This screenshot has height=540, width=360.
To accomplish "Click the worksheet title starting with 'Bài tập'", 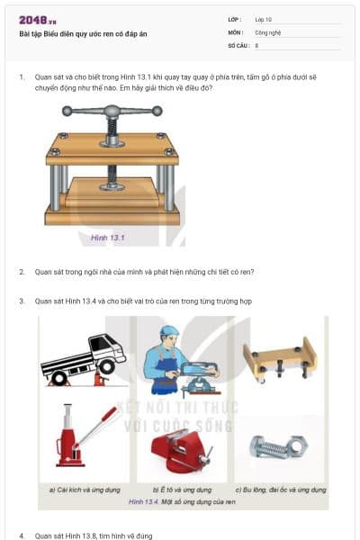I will click(x=83, y=33).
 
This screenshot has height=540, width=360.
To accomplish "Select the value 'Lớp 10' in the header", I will click(x=265, y=19).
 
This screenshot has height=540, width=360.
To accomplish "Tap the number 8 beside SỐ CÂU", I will click(x=256, y=44).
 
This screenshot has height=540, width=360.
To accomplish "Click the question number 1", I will click(x=22, y=77).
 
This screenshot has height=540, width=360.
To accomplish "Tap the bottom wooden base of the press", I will click(x=112, y=216).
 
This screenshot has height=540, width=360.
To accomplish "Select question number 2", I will click(x=22, y=271).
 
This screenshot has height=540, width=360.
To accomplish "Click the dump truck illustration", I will click(x=84, y=356).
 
